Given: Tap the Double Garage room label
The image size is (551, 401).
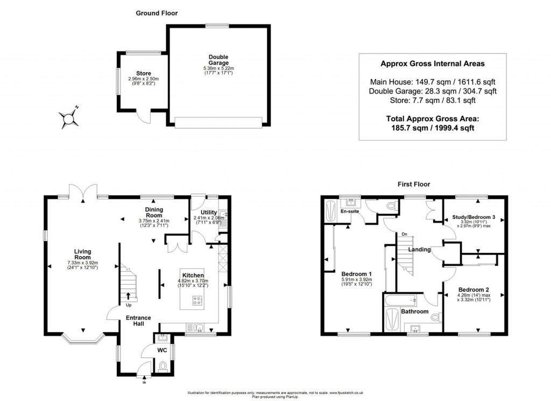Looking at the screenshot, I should pyautogui.click(x=218, y=59).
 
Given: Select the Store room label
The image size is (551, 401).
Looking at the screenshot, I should pyautogui.click(x=143, y=73).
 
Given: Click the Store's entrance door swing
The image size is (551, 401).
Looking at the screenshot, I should pyautogui.click(x=144, y=117).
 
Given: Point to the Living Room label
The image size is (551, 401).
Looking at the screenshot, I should pyautogui.click(x=83, y=254).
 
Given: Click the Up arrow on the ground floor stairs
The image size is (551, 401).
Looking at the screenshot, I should pyautogui.click(x=128, y=295).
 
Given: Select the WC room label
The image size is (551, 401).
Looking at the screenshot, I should pyautogui.click(x=161, y=350).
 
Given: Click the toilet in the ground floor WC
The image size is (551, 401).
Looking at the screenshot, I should pyautogui.click(x=164, y=367).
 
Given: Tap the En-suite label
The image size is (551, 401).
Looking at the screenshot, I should pyautogui.click(x=350, y=212).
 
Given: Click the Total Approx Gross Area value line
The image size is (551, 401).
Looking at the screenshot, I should pyautogui.click(x=433, y=128).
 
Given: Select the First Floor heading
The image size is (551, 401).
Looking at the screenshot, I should pyautogui.click(x=413, y=184).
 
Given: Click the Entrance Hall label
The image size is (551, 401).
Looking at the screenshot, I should pyautogui.click(x=138, y=321).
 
